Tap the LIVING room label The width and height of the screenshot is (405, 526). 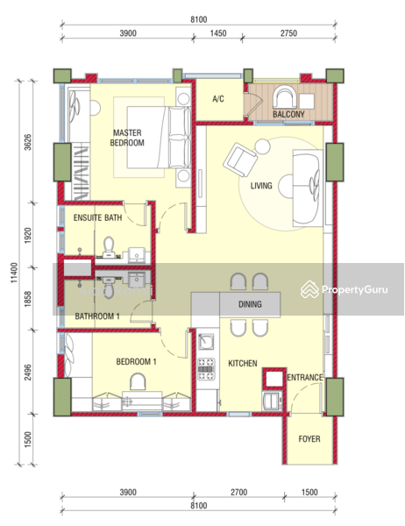coord(261,186)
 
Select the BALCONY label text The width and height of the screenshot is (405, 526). coord(288,114)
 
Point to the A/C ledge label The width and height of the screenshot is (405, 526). coord(219,99)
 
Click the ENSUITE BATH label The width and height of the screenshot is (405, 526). coord(98,217)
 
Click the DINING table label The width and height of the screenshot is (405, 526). coord(250,305)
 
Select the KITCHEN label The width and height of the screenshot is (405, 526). coord(244,362)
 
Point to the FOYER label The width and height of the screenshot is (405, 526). coord(309,439)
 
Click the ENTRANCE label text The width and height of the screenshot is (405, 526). coord(305,378)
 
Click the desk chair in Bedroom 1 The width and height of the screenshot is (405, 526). coord(138,381)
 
